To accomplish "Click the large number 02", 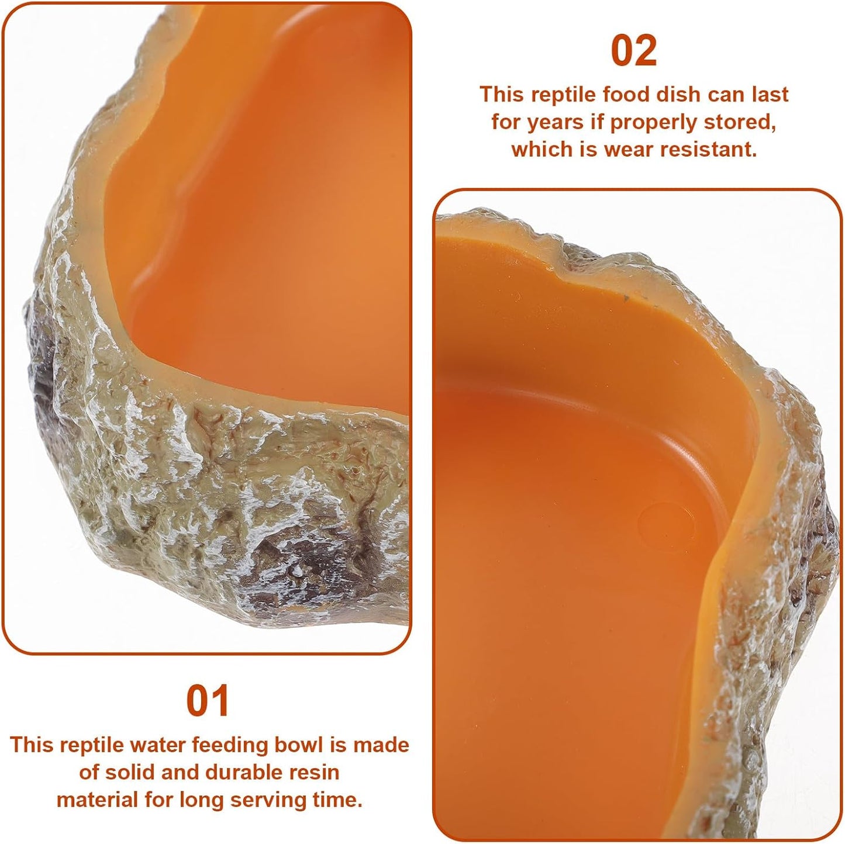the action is (x=634, y=51).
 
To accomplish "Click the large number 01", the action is (x=208, y=701).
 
